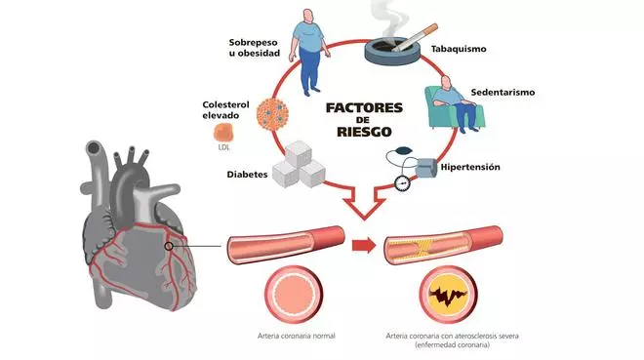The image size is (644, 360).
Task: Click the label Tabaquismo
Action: point(459,49)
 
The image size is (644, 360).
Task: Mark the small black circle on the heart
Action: point(170,248)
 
